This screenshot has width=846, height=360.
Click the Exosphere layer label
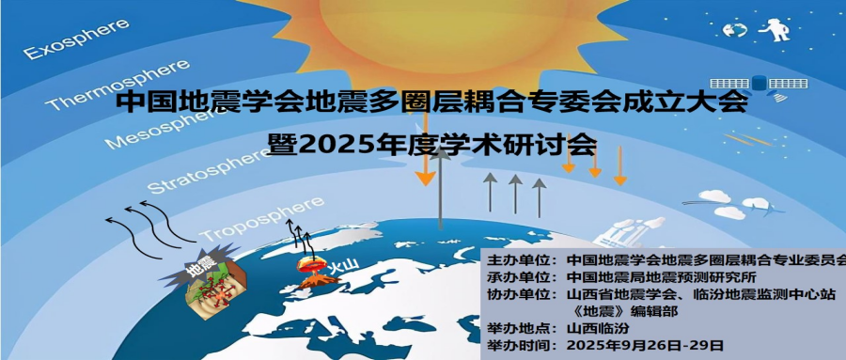[77, 39]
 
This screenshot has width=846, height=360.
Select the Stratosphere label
[208, 169]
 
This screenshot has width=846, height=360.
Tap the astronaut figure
[775, 29]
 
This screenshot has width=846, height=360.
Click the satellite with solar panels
[759, 86]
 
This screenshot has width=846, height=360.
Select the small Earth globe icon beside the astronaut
[735, 29]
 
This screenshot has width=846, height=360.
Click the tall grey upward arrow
[442, 188]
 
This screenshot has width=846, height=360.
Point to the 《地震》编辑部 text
[626, 311]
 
